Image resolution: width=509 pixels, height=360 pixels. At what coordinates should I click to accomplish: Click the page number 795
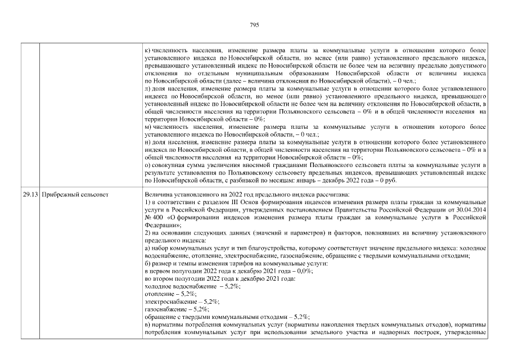(254, 25)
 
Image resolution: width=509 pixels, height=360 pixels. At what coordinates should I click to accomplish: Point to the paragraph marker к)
(147, 51)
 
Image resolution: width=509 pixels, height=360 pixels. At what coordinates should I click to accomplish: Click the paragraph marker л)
(147, 88)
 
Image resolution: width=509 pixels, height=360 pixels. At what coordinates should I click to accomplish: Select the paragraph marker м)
(148, 127)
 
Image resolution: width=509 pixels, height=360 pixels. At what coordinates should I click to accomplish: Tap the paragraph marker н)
(147, 143)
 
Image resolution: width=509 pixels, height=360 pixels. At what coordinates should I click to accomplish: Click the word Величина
(159, 195)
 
